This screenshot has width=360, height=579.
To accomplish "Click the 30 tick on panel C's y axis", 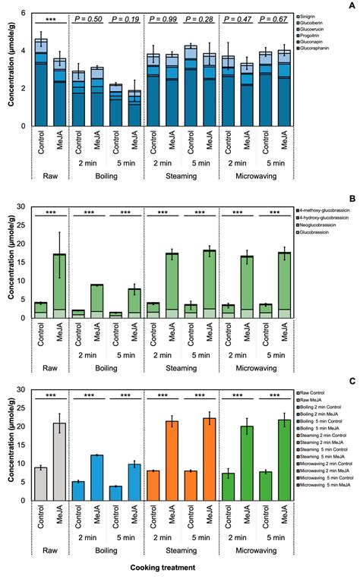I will click(23, 390).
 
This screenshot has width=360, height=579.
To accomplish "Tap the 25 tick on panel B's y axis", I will click(23, 225).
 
